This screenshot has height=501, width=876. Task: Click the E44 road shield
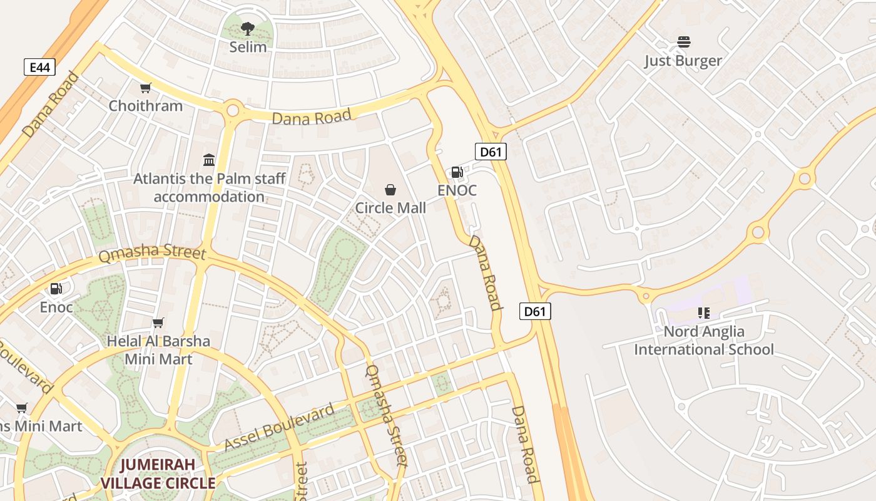click(40, 67)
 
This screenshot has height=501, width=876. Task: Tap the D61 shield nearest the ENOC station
click(491, 151)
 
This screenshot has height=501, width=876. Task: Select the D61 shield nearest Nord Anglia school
click(535, 311)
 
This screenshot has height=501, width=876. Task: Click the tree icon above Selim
click(248, 28)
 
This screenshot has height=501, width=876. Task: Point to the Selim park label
click(248, 47)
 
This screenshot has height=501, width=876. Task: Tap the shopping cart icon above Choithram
click(146, 88)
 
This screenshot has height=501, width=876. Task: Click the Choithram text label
click(146, 106)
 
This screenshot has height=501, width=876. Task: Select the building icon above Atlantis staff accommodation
click(209, 160)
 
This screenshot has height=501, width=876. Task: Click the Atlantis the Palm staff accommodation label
click(209, 188)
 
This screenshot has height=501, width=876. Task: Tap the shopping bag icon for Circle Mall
click(390, 190)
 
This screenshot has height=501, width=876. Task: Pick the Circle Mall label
click(390, 208)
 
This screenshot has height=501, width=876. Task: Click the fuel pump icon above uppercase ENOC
click(457, 172)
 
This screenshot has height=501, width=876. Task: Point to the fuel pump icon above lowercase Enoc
click(56, 289)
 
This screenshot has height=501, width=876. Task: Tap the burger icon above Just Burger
click(683, 43)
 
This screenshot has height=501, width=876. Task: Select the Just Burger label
click(683, 61)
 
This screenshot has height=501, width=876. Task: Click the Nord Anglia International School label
click(704, 341)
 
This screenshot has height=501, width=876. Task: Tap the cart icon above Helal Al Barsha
click(158, 323)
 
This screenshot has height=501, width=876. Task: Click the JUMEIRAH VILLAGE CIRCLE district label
click(158, 474)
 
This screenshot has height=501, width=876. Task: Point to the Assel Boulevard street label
click(279, 428)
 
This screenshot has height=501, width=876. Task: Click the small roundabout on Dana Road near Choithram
click(233, 111)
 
